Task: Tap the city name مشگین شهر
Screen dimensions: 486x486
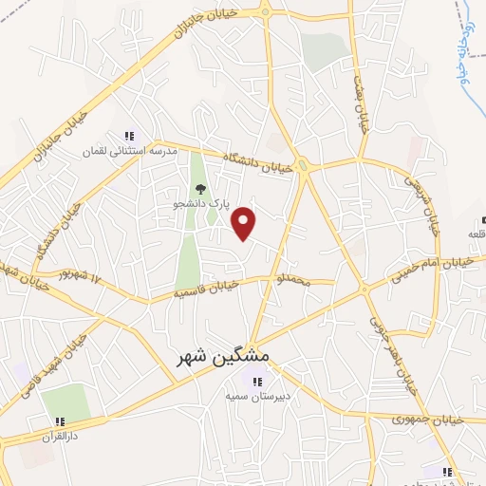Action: [224, 356]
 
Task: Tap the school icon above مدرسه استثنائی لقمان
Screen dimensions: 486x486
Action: [129, 135]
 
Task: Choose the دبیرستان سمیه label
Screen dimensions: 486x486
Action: [256, 398]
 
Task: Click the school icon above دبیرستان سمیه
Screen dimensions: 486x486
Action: [256, 382]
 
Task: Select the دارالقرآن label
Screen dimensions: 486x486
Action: [59, 437]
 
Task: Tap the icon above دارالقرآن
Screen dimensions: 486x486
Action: [59, 421]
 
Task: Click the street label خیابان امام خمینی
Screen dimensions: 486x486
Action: [433, 271]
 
